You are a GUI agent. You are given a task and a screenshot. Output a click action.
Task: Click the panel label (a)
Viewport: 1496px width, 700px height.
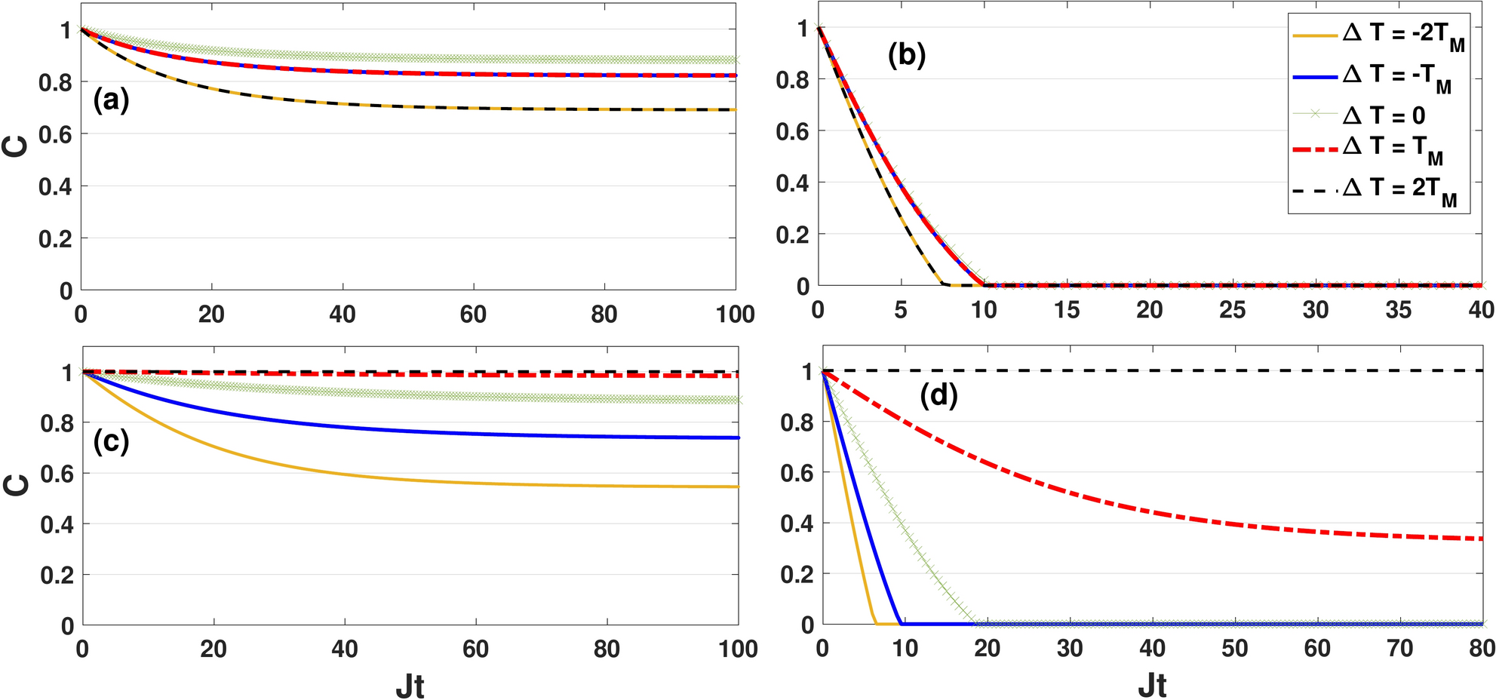point(111,100)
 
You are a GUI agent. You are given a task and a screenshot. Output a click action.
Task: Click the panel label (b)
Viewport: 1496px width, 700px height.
point(906,56)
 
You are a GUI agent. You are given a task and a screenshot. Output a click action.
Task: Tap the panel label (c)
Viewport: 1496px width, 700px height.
point(111,441)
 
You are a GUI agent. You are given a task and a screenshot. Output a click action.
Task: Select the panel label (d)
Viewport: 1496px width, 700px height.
point(938,395)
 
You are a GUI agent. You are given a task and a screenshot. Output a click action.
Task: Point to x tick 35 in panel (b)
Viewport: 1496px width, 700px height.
point(1398,310)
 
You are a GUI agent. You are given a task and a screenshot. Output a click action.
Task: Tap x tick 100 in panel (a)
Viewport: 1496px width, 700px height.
point(735,315)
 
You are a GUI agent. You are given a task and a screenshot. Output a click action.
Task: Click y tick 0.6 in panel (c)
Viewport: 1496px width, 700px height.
point(57,474)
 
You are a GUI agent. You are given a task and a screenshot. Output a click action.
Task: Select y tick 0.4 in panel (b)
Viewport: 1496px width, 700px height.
point(792,183)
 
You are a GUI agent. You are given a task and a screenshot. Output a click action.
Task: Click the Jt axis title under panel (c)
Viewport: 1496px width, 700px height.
point(410,686)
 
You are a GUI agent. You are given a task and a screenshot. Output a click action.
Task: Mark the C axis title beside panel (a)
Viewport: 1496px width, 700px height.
point(17,146)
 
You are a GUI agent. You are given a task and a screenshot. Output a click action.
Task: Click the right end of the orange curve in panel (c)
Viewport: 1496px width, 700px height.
point(738,487)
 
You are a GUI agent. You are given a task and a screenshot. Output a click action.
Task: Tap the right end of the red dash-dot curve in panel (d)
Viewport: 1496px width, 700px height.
point(1482,539)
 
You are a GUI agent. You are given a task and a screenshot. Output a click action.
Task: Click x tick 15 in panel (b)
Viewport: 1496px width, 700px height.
point(1066,310)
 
